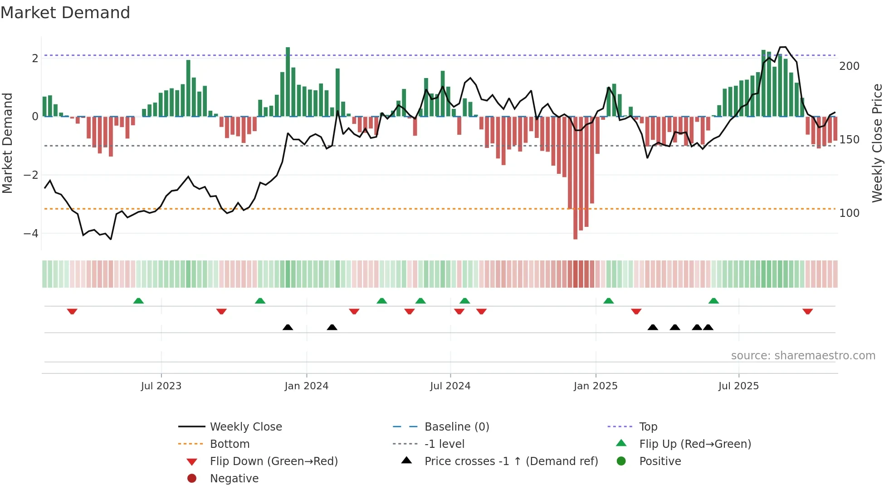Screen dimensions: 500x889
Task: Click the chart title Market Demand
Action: (65, 13)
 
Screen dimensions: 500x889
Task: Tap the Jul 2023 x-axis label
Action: (161, 386)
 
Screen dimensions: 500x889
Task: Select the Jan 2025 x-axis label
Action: (596, 386)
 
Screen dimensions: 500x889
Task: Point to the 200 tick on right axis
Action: (849, 66)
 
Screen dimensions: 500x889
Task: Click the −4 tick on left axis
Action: (31, 234)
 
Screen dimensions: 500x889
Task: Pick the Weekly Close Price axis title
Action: (877, 143)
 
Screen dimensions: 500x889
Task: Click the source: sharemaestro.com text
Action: (803, 356)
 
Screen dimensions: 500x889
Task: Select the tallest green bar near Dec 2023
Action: (288, 82)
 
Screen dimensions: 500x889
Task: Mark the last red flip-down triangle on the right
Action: (807, 311)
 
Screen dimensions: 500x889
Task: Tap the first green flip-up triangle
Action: (138, 301)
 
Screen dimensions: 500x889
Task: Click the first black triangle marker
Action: (288, 327)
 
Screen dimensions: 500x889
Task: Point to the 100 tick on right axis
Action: (849, 213)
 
